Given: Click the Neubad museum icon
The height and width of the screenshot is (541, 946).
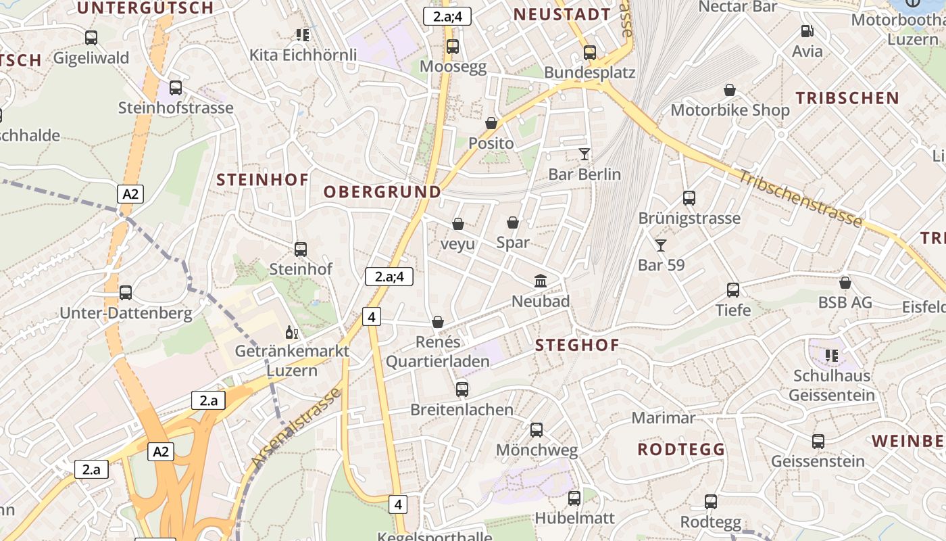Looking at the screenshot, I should [541, 281].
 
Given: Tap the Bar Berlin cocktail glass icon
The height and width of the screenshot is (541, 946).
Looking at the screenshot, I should [584, 154].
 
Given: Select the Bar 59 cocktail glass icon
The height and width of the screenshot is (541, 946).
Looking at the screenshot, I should [661, 245].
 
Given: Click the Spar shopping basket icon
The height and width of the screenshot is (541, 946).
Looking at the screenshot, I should [513, 222].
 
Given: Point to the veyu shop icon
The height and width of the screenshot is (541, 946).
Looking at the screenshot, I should [458, 224].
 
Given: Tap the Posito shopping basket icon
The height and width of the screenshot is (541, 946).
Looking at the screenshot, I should [491, 123].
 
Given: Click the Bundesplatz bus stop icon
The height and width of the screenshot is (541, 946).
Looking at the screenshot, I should [590, 52].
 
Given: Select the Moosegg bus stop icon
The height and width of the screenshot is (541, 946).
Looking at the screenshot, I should [453, 47].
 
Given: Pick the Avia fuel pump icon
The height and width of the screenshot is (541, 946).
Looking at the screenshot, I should [807, 31].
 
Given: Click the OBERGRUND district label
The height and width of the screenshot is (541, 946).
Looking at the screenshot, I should [382, 192].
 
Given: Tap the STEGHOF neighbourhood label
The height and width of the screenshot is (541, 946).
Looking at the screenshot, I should [577, 346].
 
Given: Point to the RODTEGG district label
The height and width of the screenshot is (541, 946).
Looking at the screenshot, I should [681, 450].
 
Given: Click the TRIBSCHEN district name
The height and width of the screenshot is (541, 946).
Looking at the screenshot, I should [847, 98].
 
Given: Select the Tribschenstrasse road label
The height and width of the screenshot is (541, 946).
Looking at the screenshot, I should [800, 198].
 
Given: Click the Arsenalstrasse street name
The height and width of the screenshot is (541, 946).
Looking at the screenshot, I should [295, 428].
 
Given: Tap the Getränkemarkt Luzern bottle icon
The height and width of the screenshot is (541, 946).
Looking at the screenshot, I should [292, 332].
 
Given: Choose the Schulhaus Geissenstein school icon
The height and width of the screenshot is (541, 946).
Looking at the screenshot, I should [832, 355].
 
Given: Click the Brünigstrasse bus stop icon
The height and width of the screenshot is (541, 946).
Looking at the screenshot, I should [689, 198].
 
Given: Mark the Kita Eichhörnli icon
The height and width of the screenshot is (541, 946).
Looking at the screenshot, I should [303, 34].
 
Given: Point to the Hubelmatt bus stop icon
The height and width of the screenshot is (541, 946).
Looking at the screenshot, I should [574, 498].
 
